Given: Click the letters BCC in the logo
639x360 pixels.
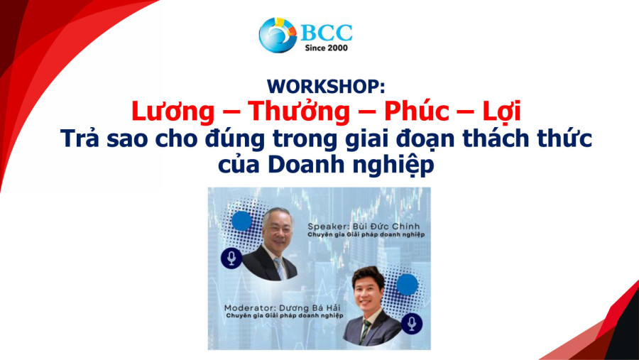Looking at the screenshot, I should coord(327,31).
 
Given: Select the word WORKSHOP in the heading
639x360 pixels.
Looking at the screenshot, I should coord(326,87).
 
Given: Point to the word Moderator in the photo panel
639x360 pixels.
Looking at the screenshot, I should coord(245,309).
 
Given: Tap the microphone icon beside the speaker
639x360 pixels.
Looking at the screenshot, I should coord(231,258).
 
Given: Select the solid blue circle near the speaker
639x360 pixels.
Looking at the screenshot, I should coord(242,221).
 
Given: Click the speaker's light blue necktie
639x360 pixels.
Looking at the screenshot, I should coord(280,267).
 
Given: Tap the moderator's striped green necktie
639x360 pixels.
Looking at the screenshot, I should coord(366,331).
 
